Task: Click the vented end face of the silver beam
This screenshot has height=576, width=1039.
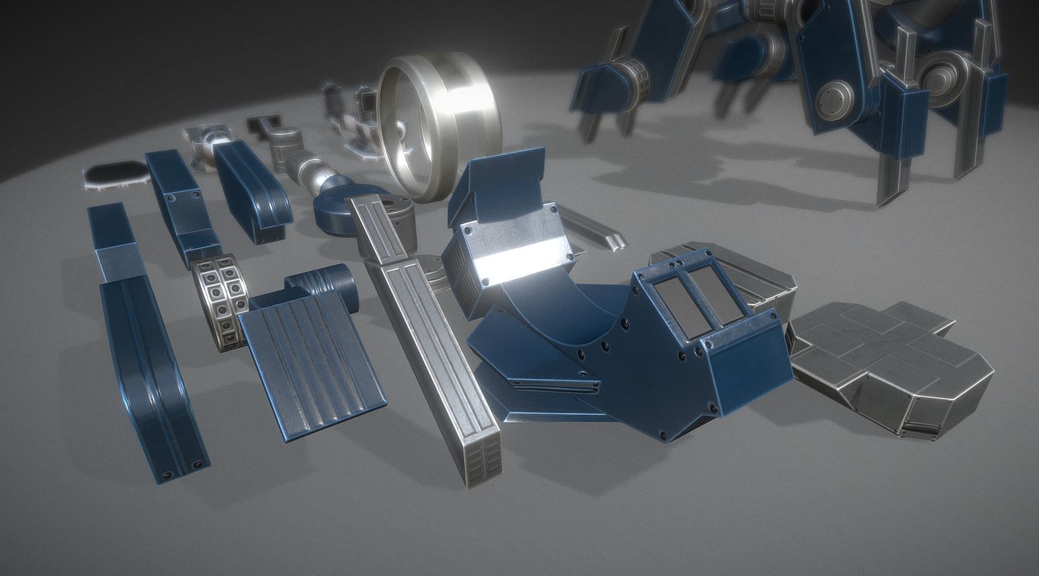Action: pyautogui.click(x=482, y=461)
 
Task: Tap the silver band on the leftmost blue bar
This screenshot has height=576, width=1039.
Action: pyautogui.click(x=116, y=264)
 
